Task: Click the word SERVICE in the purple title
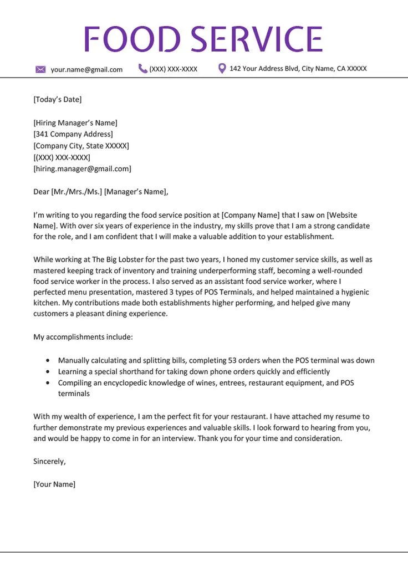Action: (x=257, y=39)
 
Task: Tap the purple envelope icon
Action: (x=40, y=69)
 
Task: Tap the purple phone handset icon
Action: (x=143, y=69)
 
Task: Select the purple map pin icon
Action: (x=222, y=69)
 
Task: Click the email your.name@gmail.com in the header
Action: (x=86, y=70)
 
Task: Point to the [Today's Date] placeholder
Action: (x=58, y=100)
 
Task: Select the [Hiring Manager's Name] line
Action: (x=75, y=123)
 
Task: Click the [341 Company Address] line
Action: (x=73, y=134)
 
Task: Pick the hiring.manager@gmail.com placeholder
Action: (x=82, y=168)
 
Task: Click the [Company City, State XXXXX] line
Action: (x=81, y=146)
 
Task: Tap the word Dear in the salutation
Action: (x=41, y=192)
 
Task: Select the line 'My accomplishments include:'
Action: (x=83, y=337)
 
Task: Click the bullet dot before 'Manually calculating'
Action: (x=47, y=360)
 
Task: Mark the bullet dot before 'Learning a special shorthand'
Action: (x=47, y=371)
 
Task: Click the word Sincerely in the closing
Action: (x=49, y=461)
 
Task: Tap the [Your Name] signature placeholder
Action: (x=54, y=484)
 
